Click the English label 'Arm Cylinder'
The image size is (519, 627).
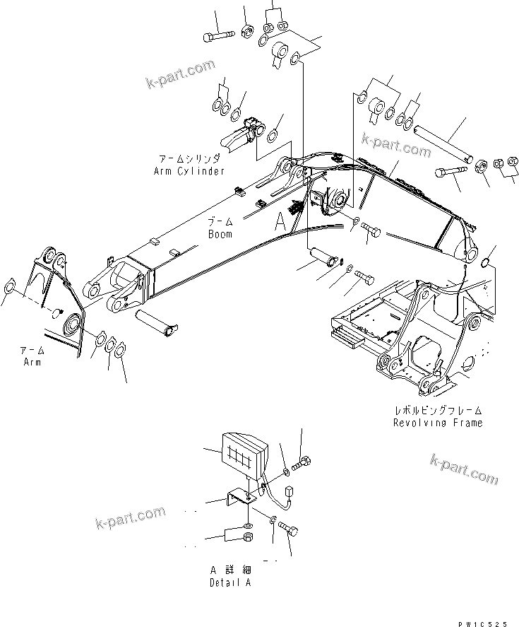[189, 171]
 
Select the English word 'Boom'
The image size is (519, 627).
[220, 234]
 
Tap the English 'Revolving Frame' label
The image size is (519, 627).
[438, 423]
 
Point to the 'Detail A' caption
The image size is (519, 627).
[229, 582]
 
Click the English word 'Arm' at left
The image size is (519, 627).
[31, 362]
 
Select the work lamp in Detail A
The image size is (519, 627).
[244, 452]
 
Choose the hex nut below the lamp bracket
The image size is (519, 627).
[249, 539]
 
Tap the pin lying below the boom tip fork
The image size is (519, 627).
[160, 320]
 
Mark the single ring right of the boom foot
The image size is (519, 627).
[484, 263]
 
